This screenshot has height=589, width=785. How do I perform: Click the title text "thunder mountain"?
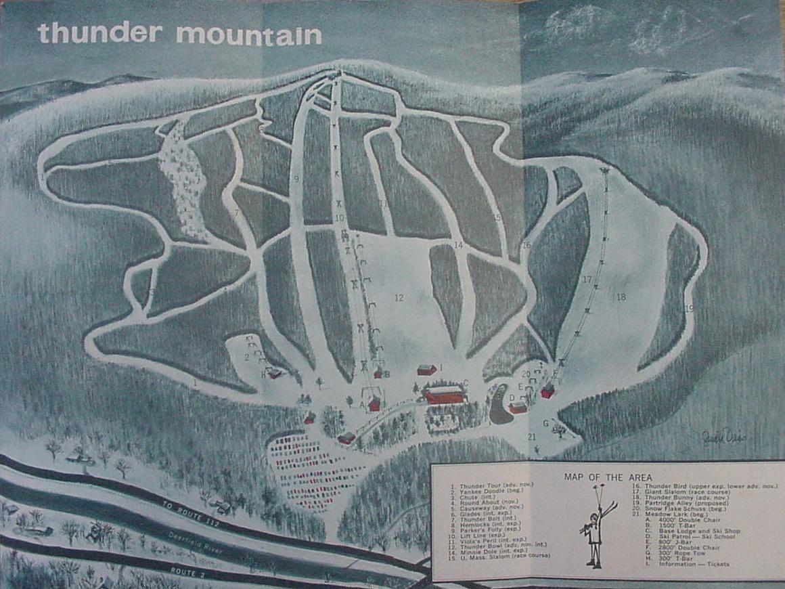tap(179, 34)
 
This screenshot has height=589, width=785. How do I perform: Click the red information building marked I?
tap(426, 370)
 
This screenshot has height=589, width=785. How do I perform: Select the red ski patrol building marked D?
tap(518, 407)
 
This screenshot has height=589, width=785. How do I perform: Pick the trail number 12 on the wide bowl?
tap(399, 297)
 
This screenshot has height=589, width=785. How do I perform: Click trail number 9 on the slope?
tap(296, 179)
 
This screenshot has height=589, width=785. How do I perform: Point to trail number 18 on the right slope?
tap(621, 297)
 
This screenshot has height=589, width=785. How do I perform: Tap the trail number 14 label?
tap(458, 245)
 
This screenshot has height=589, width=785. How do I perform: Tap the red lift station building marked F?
tap(547, 391)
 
